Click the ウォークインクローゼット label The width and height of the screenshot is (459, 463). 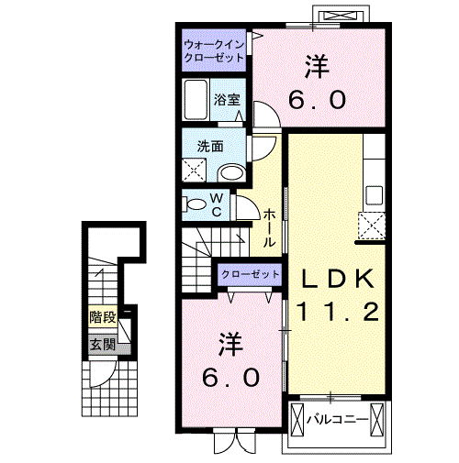[213, 50]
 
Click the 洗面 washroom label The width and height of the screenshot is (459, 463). [209, 146]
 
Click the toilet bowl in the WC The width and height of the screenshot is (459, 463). [196, 204]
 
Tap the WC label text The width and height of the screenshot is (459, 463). [217, 204]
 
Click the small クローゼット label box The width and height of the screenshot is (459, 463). [250, 274]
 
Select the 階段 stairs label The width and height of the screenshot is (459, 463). [102, 318]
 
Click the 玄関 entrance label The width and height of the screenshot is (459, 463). [102, 345]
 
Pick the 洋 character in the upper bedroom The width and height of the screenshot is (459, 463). [317, 66]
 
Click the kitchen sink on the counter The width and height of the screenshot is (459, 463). [374, 194]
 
